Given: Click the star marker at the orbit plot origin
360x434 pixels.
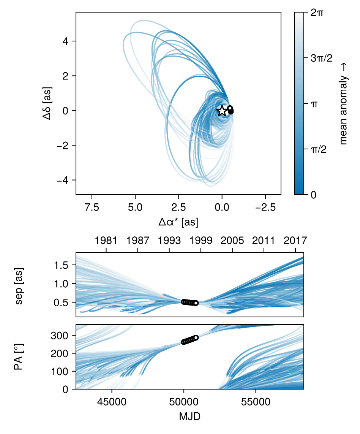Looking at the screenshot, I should [x=222, y=111].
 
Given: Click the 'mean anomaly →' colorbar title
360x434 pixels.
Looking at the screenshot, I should [x=344, y=103].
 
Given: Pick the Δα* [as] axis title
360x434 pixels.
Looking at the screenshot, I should [x=178, y=222].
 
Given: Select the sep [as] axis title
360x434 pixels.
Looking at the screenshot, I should [x=20, y=284].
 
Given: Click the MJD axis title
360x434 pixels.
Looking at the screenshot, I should [x=190, y=417].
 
